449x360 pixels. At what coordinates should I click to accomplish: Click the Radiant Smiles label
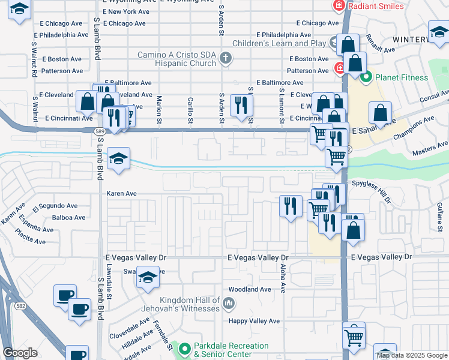click(x=376, y=5)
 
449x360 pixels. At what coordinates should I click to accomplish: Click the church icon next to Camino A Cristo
click(x=226, y=58)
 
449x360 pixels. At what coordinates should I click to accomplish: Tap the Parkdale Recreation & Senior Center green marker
click(x=185, y=347)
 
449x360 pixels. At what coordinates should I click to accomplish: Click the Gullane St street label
click(x=439, y=217)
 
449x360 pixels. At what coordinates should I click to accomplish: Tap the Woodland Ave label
click(x=250, y=289)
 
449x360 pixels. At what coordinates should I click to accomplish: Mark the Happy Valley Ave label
click(x=254, y=321)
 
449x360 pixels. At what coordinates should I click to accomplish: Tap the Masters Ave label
click(x=430, y=145)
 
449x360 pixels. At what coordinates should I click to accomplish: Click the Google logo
click(x=20, y=353)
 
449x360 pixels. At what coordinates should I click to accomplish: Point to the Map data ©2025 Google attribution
click(x=412, y=355)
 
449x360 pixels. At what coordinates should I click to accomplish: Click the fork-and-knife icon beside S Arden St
click(x=242, y=106)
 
